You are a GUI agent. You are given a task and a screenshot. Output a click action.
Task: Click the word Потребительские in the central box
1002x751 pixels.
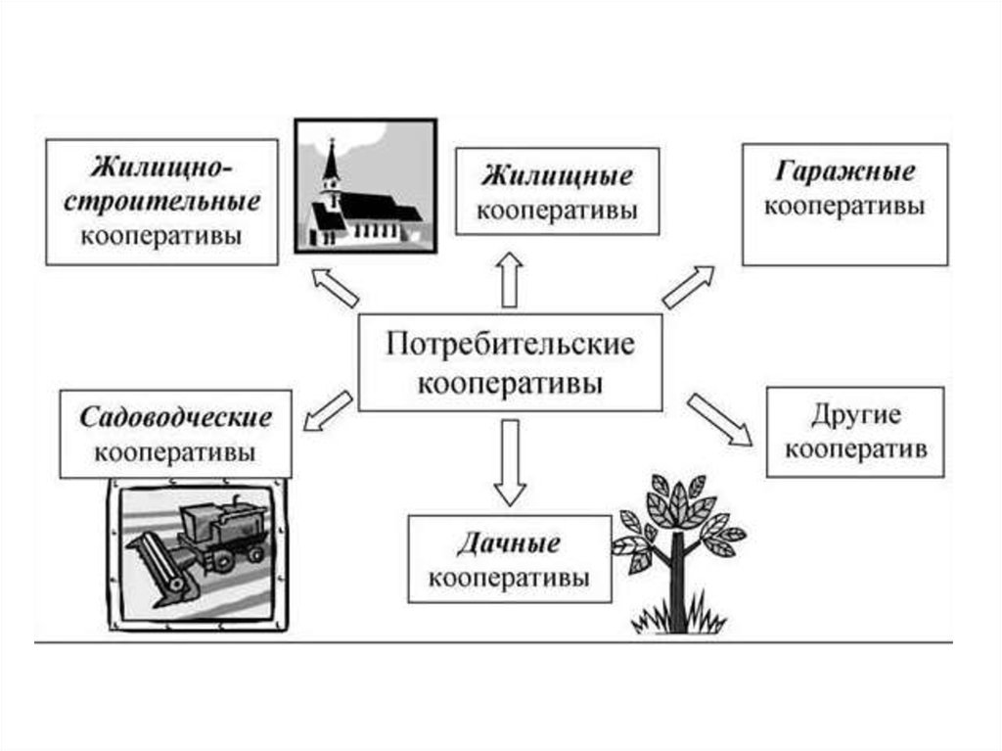coord(510,346)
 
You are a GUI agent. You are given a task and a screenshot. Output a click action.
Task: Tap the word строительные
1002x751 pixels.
coord(162,203)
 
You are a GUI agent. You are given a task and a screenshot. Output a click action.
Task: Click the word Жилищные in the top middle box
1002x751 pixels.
coord(556,178)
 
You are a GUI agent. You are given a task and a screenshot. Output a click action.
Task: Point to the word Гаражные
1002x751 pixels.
coord(845,172)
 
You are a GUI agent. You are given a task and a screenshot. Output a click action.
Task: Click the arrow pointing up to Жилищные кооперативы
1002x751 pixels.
coord(509,281)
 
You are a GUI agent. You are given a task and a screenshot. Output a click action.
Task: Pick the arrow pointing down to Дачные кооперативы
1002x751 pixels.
coord(509,459)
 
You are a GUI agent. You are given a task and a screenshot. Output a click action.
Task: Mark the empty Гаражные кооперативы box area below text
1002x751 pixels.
coord(845,241)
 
